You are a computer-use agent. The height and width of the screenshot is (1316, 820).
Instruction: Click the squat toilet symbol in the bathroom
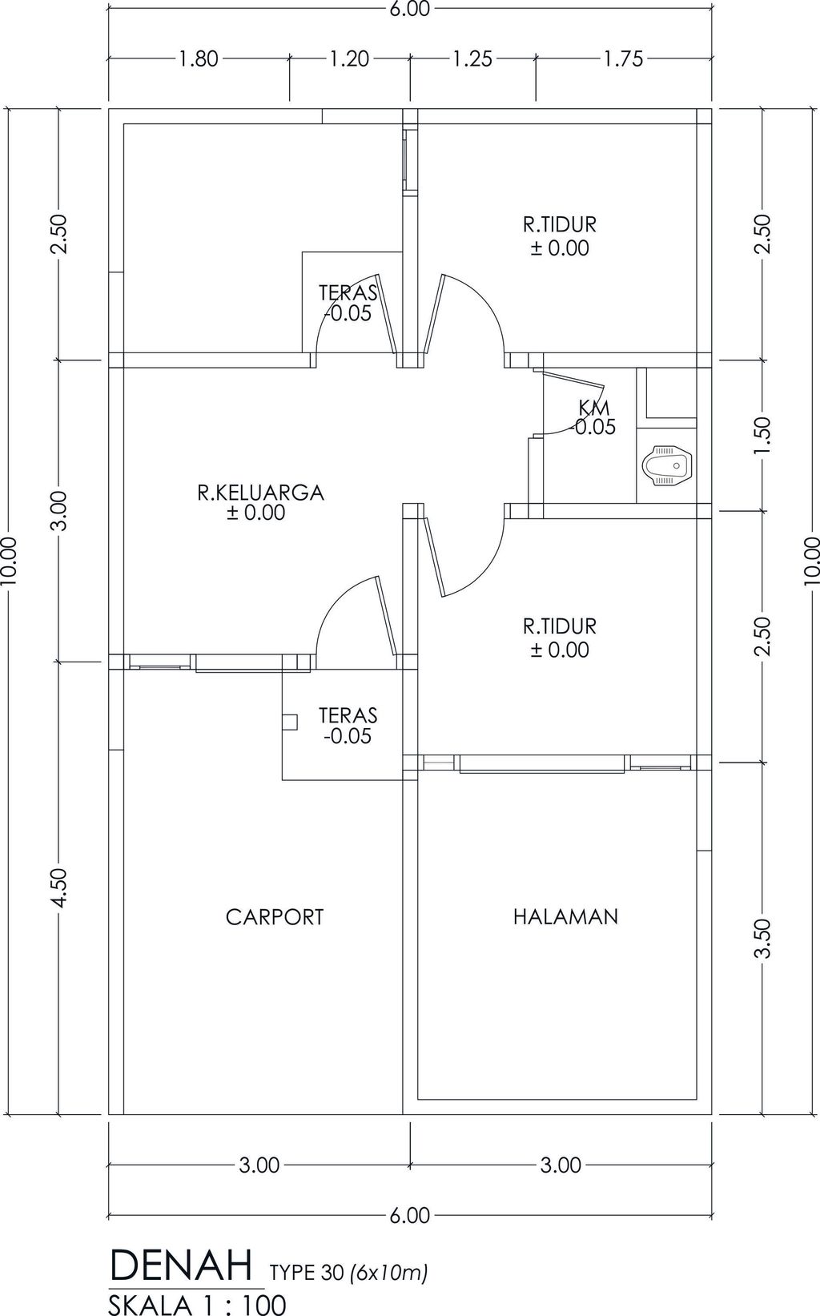669,465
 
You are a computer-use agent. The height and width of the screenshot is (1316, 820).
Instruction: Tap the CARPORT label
275,916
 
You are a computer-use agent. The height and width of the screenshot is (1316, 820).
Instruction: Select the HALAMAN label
565,916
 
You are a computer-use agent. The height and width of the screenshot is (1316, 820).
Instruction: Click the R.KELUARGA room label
261,493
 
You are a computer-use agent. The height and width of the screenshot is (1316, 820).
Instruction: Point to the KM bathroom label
593,407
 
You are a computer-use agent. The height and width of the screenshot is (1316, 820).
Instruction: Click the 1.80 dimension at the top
199,58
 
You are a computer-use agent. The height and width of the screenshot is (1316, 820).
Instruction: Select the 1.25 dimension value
472,58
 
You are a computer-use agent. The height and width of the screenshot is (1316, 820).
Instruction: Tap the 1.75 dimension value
623,58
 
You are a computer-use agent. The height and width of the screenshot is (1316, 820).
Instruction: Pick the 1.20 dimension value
349,58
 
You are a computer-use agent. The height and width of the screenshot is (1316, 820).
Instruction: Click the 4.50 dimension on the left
58,887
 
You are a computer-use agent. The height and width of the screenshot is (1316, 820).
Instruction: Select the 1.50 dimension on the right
762,436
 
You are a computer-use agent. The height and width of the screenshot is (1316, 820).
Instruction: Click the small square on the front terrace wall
290,722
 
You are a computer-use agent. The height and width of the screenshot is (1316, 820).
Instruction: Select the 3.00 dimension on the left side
58,511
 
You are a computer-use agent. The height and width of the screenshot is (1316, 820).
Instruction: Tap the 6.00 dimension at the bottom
410,1214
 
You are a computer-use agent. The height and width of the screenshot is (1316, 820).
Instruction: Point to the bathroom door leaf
573,380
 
